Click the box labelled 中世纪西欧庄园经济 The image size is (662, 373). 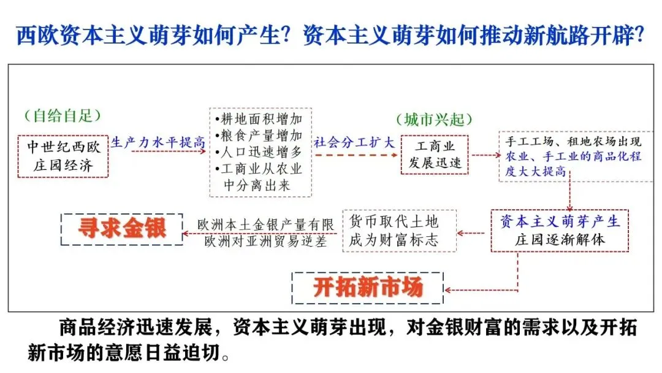coord(63,156)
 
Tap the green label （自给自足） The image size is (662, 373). coord(63,115)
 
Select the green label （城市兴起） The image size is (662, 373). coord(435,120)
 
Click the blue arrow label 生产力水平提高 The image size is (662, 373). coord(158,142)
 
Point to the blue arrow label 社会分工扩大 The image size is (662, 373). coord(354,142)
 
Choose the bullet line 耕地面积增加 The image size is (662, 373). coord(259,119)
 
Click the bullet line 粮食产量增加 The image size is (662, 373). coord(259,136)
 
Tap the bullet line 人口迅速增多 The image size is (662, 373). coord(259,152)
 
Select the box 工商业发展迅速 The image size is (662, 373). coord(435,155)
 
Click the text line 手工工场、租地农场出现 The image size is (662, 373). coord(573,141)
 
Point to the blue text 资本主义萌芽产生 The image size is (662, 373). coord(560,221)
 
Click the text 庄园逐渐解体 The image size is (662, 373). coord(560,239)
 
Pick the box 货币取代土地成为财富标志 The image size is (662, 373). coord(400,231)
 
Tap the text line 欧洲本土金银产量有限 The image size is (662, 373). coord(265,225)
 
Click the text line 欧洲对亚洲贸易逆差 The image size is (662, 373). coord(265,241)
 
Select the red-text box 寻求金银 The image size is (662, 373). coord(122,229)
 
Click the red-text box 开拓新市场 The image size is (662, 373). coord(368,288)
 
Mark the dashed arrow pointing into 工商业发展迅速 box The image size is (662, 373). coord(356,155)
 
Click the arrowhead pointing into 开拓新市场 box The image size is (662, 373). coord(447,290)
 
